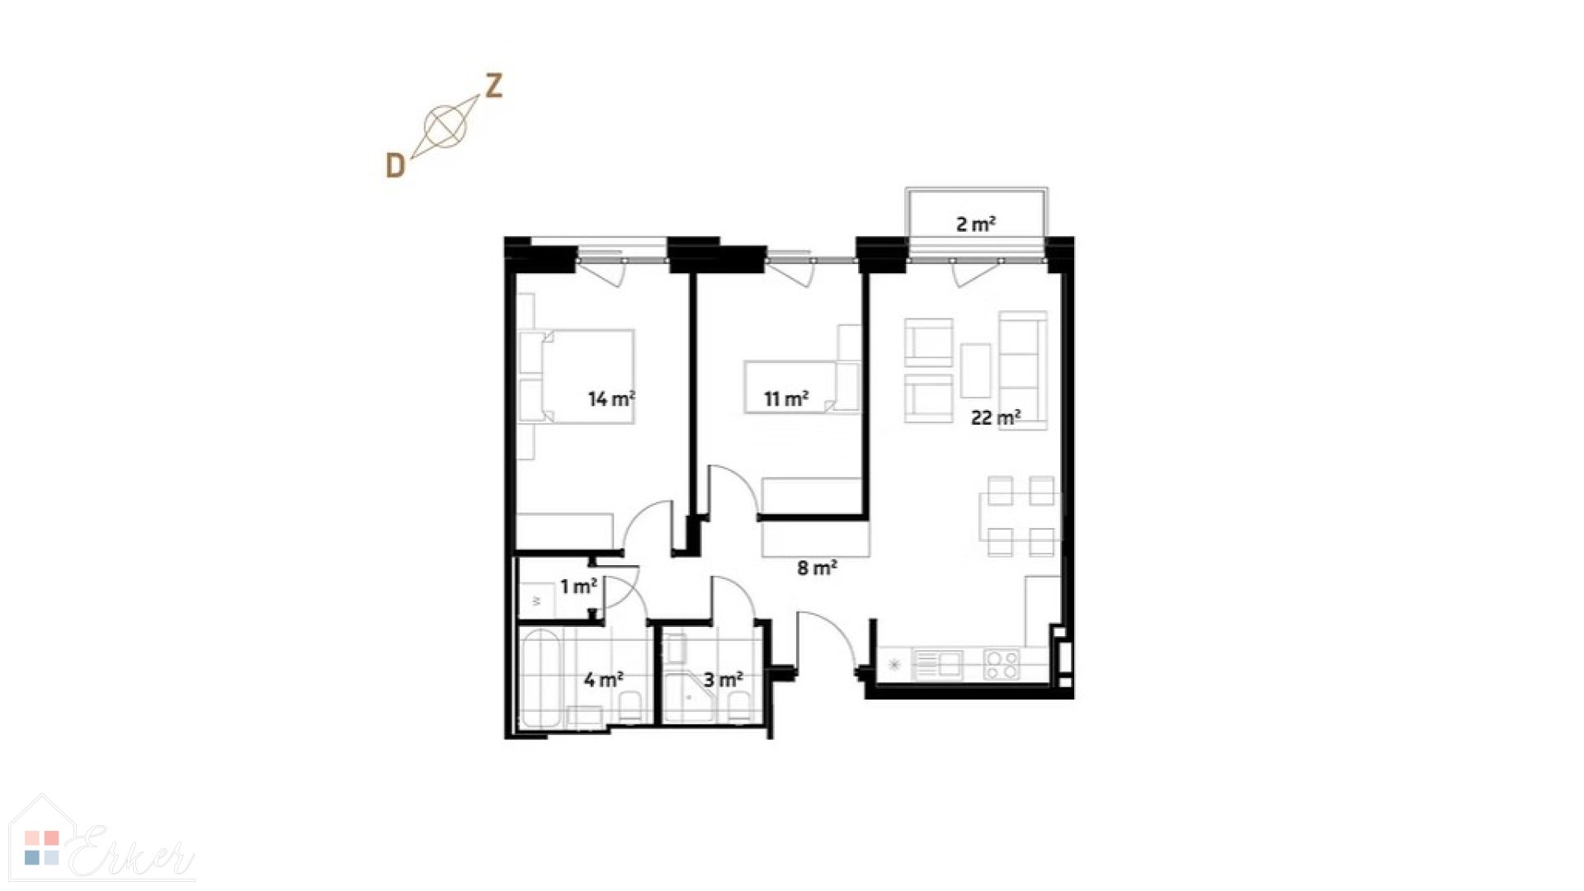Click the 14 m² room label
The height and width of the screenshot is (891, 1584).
(x=611, y=399)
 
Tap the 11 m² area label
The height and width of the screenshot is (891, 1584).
(x=786, y=399)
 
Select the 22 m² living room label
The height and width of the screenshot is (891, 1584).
(x=996, y=417)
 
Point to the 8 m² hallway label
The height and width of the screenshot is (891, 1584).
(x=818, y=568)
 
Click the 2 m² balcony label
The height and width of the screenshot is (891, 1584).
(x=976, y=224)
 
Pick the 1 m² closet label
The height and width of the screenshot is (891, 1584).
(x=578, y=587)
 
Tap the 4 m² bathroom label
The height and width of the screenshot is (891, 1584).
(x=603, y=680)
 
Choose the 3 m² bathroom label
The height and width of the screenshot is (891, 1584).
(x=724, y=680)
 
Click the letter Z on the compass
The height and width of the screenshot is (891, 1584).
(x=493, y=86)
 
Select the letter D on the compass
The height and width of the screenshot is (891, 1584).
(x=396, y=166)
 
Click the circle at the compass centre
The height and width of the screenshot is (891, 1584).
(x=445, y=126)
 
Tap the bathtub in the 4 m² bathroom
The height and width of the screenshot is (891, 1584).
(x=540, y=679)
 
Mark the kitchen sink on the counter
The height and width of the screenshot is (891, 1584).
(x=939, y=664)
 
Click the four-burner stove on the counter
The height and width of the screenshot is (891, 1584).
(x=1002, y=664)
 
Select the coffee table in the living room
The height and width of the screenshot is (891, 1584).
(x=976, y=370)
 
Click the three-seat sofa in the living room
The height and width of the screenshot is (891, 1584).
(x=1024, y=370)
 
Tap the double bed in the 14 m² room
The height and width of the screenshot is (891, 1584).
(x=587, y=376)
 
